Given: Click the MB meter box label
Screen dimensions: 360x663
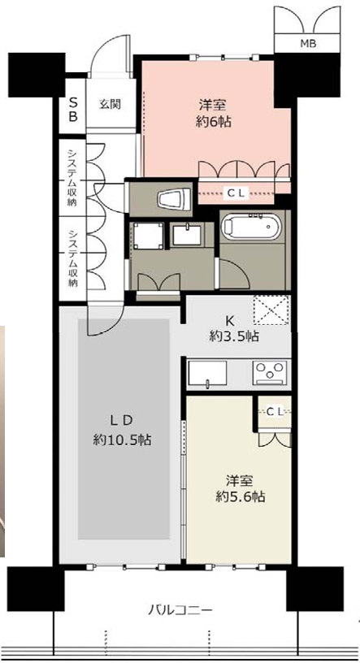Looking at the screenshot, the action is pos(308,43).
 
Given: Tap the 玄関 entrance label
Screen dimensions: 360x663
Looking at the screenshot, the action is pos(110,104).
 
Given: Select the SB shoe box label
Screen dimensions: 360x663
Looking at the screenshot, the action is pos(73,109).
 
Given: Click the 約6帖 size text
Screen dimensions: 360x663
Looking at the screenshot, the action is pos(214,122).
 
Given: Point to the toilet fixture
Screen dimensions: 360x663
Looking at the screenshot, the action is pos(173,199).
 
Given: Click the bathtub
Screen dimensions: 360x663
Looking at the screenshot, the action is pos(251,227).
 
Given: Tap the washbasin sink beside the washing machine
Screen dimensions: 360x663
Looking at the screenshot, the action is pos(187,235).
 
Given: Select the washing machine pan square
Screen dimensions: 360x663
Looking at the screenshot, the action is pos(148,236).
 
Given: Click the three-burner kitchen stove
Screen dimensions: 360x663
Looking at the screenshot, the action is pos(270,372).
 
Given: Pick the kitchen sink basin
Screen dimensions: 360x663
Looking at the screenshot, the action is pos(207,374).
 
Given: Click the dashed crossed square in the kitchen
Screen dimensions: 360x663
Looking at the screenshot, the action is pos(271,310).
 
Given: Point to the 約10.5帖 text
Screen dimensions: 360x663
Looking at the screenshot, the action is pos(122,440).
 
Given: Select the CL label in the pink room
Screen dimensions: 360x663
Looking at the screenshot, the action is pos(236,193).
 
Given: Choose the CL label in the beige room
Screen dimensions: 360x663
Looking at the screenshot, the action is pos(275,411).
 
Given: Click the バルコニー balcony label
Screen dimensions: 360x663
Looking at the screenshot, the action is pos(180,610).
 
